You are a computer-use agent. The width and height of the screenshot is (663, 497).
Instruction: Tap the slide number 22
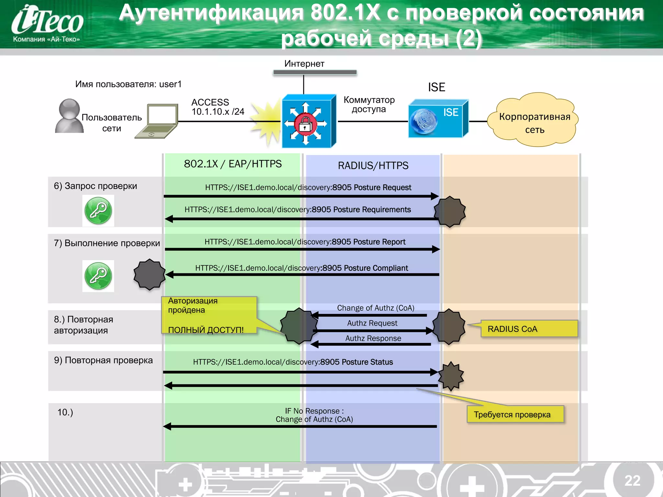coord(632,480)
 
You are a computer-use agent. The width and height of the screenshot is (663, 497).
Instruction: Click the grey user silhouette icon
coord(69,116)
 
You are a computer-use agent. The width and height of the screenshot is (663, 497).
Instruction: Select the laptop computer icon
coord(157,121)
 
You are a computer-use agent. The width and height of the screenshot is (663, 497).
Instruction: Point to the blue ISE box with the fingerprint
coord(438,119)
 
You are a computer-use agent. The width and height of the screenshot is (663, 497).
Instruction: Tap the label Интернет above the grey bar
coord(304,64)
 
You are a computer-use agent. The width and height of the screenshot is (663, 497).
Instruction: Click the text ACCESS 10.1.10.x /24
coord(218,107)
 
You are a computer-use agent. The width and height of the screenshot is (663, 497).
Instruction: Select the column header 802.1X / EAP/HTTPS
coord(233,164)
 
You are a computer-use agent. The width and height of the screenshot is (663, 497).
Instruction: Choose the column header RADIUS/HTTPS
coord(373,166)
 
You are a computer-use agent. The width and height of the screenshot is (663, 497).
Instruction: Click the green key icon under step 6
coord(98,211)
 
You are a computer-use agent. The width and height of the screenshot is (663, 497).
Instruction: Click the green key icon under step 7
coord(98,276)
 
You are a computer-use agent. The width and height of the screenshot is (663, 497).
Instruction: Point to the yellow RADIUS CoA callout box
coord(529,329)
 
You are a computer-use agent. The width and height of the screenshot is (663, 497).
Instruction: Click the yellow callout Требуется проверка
coord(515,414)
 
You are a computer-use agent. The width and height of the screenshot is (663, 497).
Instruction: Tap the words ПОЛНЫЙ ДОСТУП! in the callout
coord(206,330)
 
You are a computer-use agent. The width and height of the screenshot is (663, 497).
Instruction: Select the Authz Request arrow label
coord(372,323)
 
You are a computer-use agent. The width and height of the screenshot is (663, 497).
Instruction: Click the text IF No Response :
coord(314,411)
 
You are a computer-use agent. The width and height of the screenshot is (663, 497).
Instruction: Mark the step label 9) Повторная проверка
coord(103,360)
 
